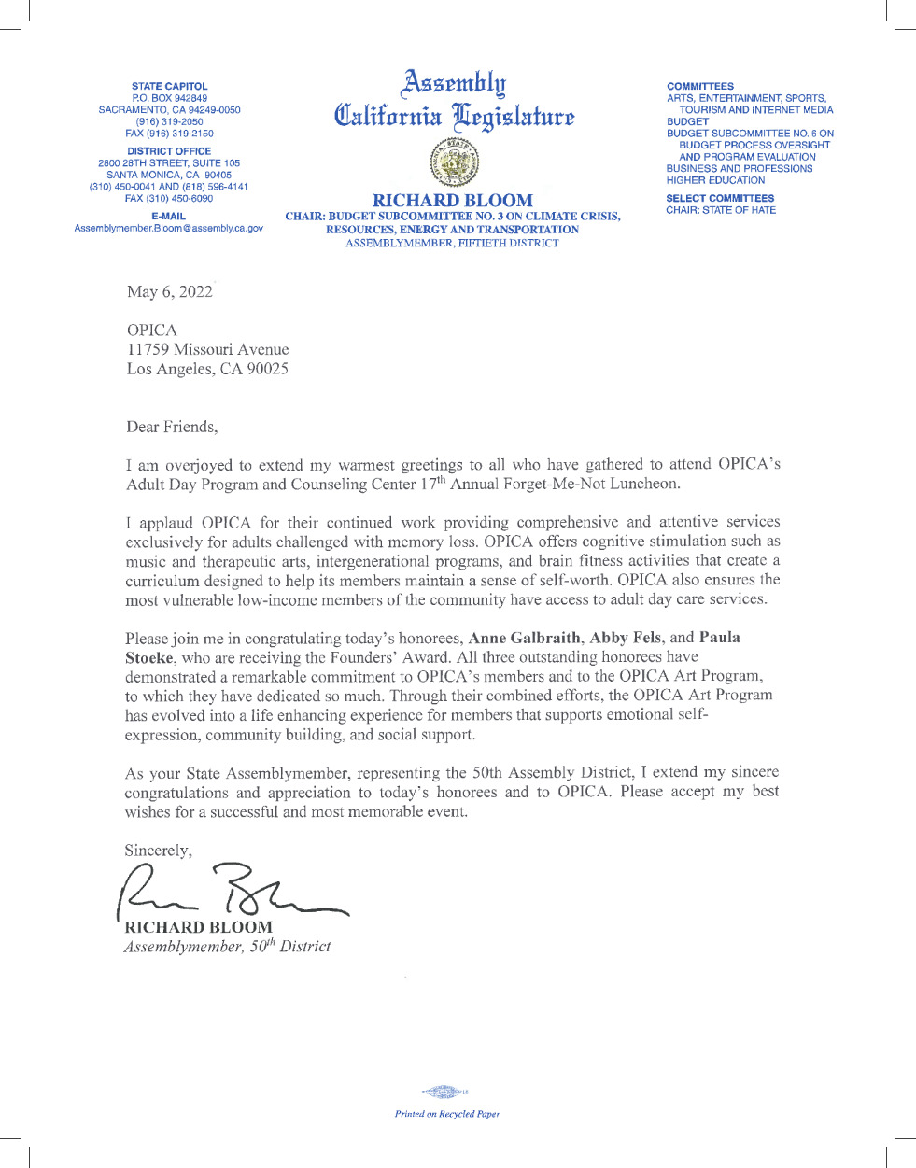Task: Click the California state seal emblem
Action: [453, 162]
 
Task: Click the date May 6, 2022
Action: [170, 292]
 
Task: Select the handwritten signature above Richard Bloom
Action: [233, 893]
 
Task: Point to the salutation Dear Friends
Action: [172, 427]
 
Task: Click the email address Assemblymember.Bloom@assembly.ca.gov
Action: [169, 229]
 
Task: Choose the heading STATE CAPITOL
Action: [170, 86]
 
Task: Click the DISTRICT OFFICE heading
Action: [169, 151]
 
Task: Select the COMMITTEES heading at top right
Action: [700, 86]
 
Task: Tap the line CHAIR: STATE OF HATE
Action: [721, 210]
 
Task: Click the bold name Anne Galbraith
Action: [525, 638]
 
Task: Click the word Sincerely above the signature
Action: [158, 851]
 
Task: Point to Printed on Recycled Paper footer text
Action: [447, 1114]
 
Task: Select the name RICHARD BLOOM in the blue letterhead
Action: [453, 200]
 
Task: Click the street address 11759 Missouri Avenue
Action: [208, 349]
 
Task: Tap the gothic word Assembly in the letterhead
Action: [454, 83]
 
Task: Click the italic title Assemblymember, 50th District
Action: [227, 946]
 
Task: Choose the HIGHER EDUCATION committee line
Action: [715, 180]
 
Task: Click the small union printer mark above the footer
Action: [445, 1091]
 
